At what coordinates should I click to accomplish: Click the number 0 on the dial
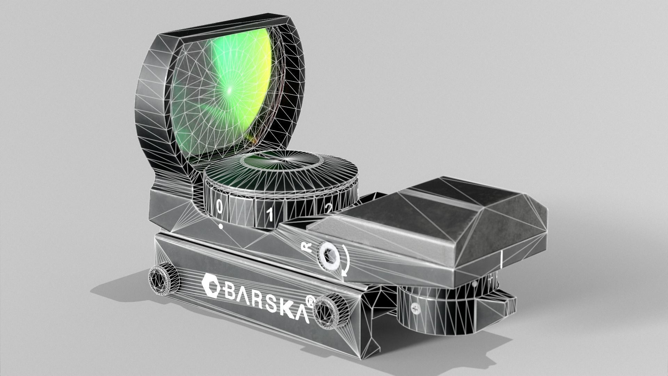coord(220,207)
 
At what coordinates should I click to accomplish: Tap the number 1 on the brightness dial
coord(270,215)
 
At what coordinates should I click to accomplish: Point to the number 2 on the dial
coord(328,208)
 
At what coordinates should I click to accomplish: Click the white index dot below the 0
coord(221,227)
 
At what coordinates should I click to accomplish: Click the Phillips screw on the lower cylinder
coord(415,307)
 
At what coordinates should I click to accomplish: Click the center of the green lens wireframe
coord(230,89)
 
